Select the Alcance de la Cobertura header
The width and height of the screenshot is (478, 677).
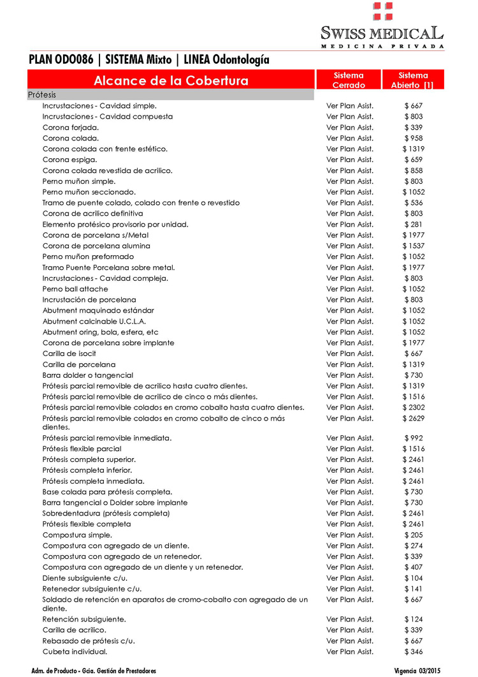(x=171, y=80)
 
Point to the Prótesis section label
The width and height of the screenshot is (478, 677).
(x=42, y=94)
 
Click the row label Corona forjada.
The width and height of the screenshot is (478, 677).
(x=70, y=128)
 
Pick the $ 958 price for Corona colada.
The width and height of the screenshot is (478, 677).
(x=414, y=138)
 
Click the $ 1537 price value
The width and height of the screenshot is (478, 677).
(x=413, y=246)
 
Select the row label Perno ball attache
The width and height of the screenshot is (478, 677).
(x=75, y=289)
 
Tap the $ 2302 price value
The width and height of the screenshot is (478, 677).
(x=413, y=408)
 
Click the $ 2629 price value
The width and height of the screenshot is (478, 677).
(x=413, y=419)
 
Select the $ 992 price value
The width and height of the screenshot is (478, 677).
(x=414, y=438)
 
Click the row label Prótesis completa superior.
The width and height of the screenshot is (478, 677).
(x=89, y=460)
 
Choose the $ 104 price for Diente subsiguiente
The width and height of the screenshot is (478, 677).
(x=414, y=578)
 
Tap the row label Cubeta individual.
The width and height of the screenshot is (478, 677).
(x=75, y=651)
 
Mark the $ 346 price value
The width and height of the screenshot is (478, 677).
(x=414, y=651)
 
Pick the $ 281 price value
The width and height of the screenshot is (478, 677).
(x=414, y=225)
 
